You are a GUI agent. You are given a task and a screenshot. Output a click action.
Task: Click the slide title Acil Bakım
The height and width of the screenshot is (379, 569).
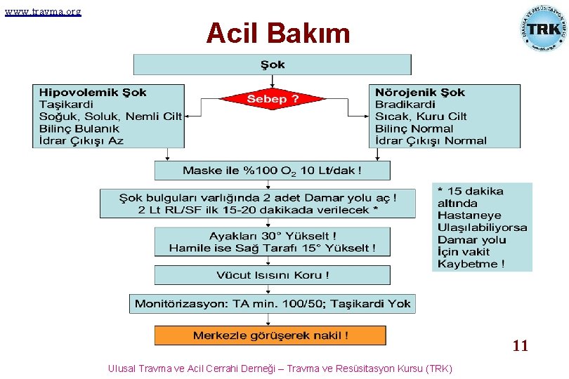point(277,33)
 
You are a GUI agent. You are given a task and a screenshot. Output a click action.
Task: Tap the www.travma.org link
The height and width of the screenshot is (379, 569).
point(42,11)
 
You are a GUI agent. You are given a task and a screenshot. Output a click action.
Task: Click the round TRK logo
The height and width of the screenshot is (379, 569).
point(542,28)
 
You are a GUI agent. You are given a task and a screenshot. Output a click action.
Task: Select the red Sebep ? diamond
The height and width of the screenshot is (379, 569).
point(273,99)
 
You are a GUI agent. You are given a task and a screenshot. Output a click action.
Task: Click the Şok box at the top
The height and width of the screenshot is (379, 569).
point(273,65)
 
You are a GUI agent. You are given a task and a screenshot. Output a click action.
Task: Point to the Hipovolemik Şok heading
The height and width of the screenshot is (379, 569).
point(93,93)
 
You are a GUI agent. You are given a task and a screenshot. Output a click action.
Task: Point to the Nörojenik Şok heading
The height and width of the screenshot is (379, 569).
point(420,93)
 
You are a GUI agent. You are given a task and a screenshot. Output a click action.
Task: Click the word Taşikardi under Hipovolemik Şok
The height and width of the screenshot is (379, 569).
point(65,105)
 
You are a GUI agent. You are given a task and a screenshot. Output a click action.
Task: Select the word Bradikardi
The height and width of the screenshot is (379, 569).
point(405,105)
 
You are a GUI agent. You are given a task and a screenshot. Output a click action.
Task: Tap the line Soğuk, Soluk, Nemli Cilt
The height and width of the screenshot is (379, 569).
point(110,117)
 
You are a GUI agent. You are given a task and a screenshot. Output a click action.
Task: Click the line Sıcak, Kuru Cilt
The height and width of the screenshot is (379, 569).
point(421,117)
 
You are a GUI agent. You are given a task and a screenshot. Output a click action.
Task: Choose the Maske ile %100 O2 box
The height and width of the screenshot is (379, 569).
point(273,171)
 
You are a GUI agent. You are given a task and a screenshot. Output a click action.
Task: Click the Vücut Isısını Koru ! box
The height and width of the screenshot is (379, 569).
point(273,275)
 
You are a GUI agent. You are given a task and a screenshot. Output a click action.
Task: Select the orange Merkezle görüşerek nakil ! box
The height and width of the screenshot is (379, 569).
point(270,335)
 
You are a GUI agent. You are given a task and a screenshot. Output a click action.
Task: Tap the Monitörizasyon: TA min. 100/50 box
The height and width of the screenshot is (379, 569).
point(273,304)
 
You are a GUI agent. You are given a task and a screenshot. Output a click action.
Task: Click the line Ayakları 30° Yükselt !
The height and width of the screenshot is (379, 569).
point(273,236)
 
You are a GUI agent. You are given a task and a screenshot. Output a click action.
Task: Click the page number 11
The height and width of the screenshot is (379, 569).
point(520,346)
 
